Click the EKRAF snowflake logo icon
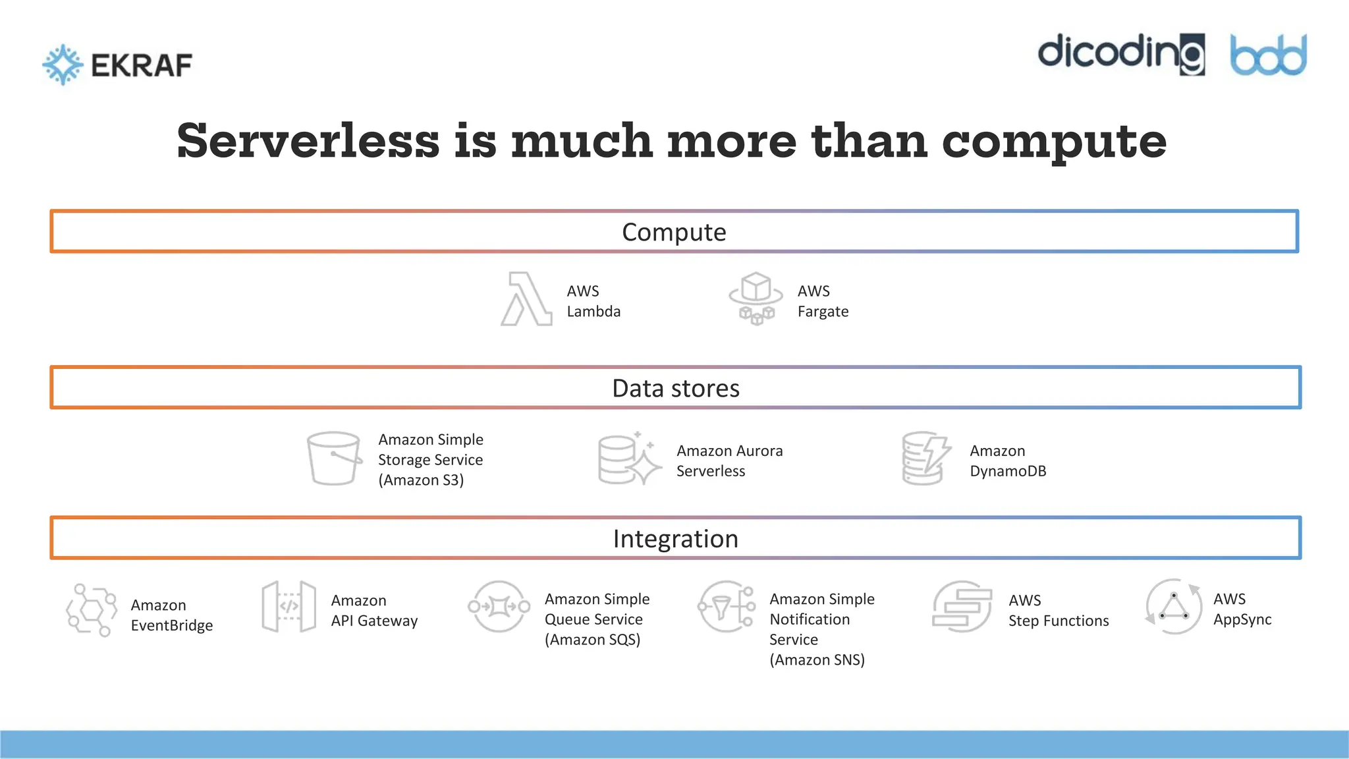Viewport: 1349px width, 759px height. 63,65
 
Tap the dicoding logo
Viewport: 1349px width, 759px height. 1121,54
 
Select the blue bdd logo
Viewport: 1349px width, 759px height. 1268,55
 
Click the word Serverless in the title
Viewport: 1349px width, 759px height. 308,141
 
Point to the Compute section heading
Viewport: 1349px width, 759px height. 674,232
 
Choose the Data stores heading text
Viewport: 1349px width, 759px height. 675,388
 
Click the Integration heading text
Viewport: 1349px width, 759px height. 675,539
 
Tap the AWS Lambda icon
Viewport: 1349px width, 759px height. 526,300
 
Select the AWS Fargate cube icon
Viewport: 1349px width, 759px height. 756,298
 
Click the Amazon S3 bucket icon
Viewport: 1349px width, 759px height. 334,459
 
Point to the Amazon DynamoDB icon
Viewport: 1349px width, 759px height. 925,459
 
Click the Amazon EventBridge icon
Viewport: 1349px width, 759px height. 92,610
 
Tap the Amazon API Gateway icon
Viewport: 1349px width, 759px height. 289,607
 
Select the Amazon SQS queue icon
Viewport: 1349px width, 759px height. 499,607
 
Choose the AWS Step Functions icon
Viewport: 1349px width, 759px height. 962,607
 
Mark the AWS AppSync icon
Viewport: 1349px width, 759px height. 1174,607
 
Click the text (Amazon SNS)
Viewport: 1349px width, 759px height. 817,660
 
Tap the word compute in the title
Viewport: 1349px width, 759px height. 1054,141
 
